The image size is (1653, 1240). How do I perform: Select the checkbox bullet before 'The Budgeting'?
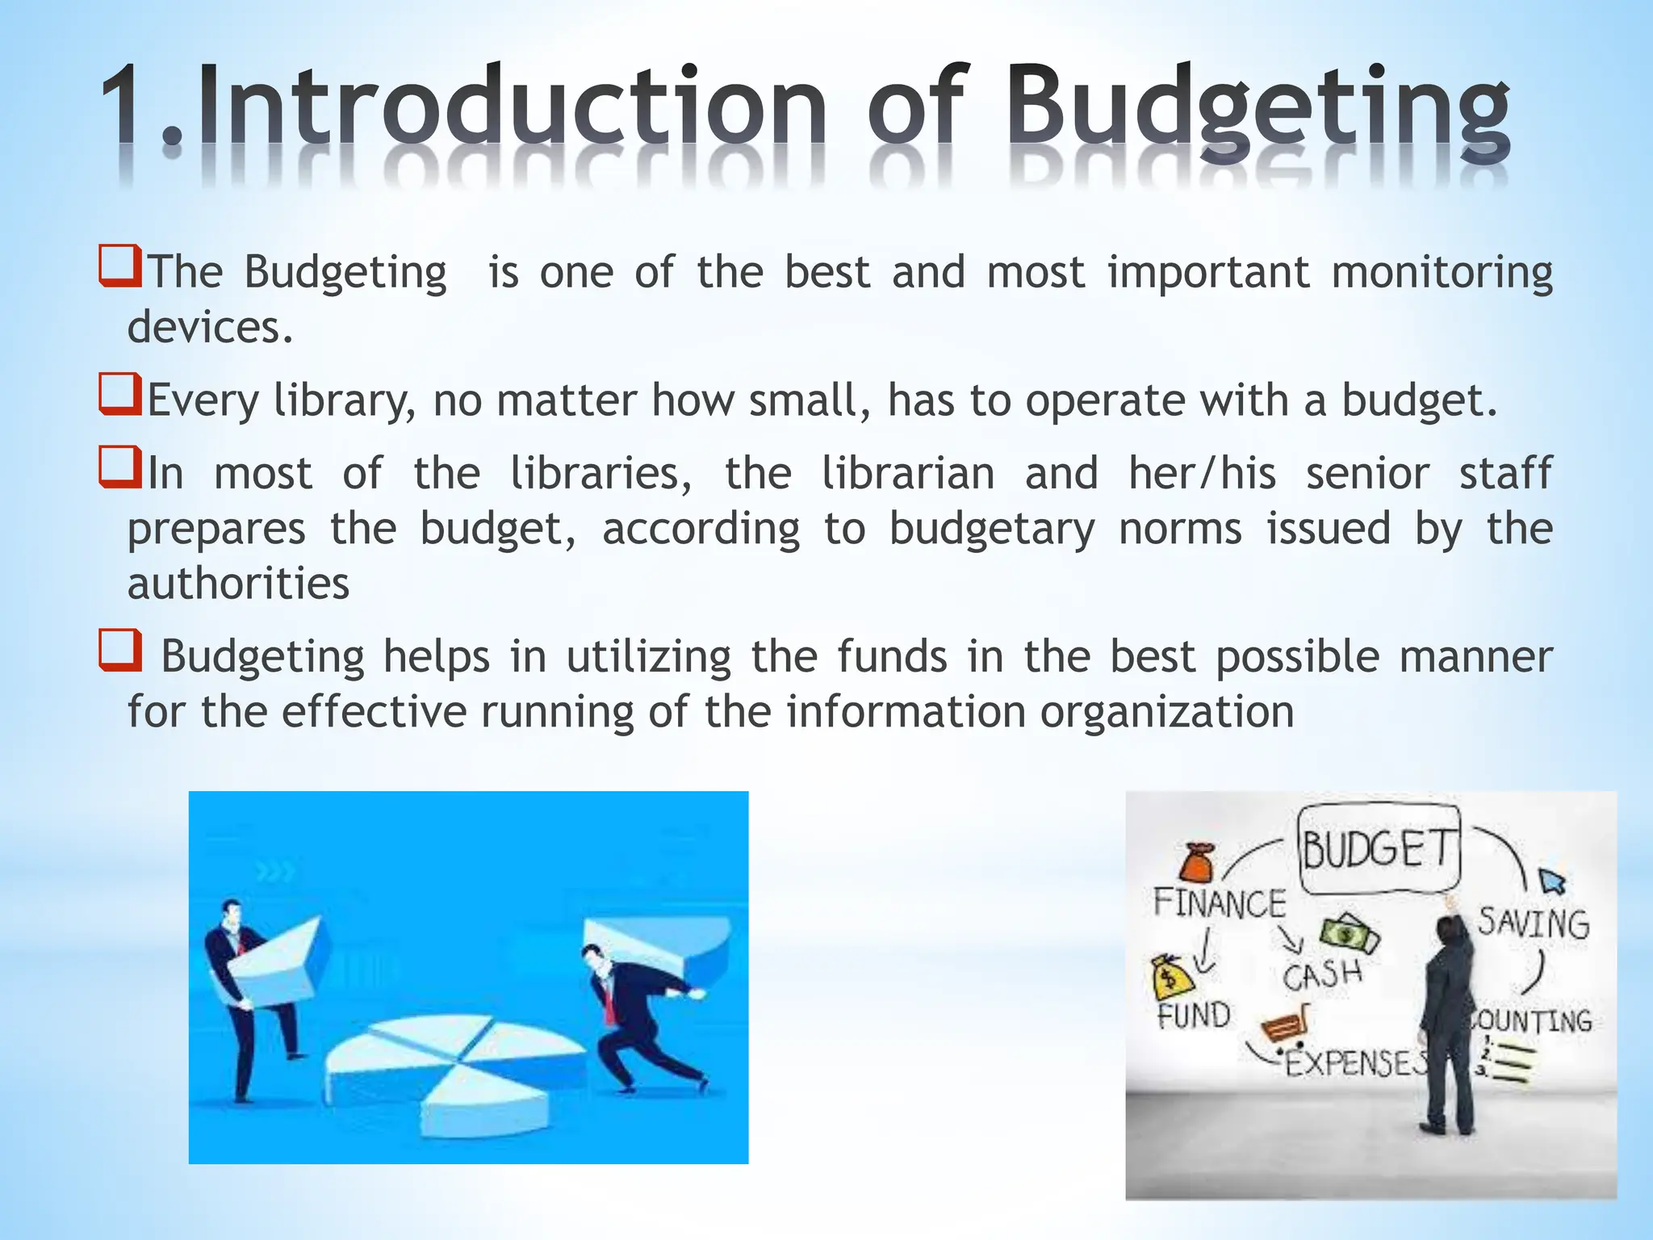120,267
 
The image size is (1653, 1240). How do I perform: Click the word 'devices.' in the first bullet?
210,327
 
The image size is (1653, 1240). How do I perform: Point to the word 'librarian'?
907,473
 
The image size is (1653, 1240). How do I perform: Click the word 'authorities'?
238,584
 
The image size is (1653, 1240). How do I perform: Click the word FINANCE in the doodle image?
1219,903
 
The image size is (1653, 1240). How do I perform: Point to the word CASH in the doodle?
1321,975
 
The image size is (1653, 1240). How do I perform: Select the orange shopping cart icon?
1284,1026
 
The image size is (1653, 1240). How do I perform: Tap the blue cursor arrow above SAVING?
1552,881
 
